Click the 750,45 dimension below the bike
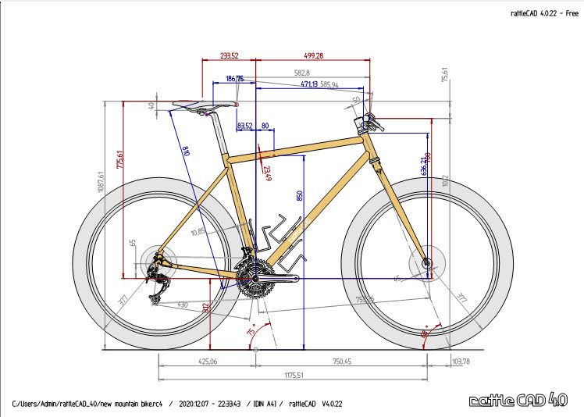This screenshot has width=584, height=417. [338, 362]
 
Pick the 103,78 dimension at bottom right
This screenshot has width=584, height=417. [461, 362]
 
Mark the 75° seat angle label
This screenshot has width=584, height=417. [251, 332]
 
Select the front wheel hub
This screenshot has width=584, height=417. [426, 264]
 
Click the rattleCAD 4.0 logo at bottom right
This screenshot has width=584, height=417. [518, 400]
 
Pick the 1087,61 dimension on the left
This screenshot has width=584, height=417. [101, 185]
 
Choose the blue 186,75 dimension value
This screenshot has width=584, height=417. [234, 79]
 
